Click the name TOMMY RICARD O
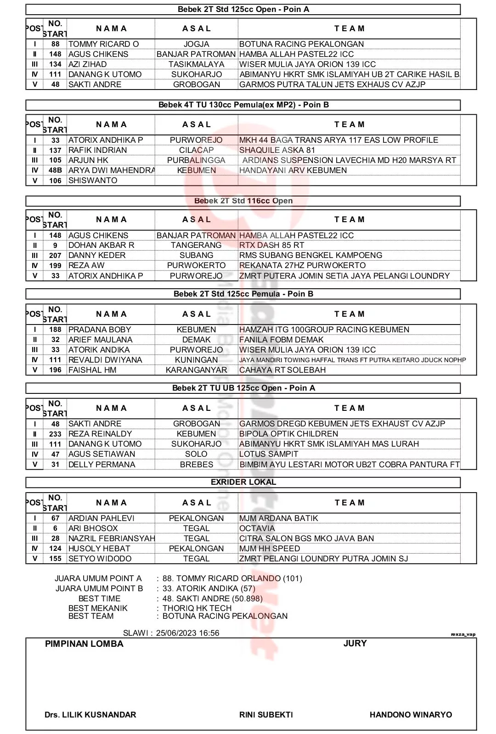click(103, 44)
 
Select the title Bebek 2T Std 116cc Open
click(243, 201)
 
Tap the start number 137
click(55, 150)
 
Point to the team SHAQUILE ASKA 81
click(277, 150)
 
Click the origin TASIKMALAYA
click(196, 64)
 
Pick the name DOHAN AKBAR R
click(101, 245)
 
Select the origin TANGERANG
click(196, 245)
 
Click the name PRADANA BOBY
click(100, 330)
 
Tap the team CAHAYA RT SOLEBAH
click(282, 370)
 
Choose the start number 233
click(55, 434)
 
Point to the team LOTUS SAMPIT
click(269, 454)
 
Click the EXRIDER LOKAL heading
click(243, 482)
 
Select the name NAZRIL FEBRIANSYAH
click(111, 538)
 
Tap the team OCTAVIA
click(257, 528)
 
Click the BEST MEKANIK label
click(98, 608)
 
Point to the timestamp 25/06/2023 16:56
click(187, 633)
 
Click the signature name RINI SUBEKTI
click(266, 715)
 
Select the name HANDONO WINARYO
click(411, 715)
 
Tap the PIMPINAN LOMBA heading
click(84, 644)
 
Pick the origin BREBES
click(196, 465)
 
